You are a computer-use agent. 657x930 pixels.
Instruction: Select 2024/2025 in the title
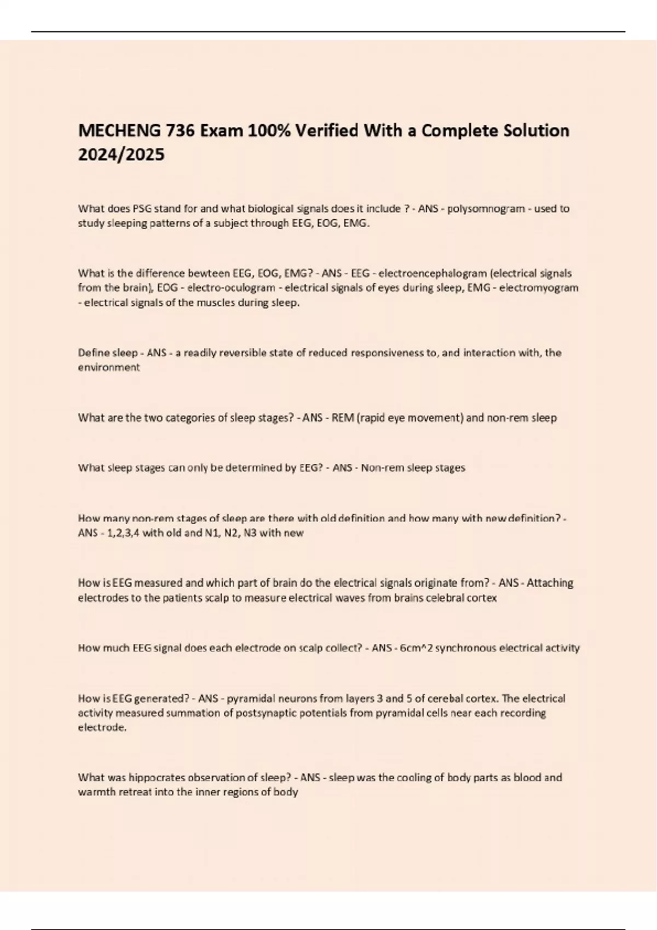[121, 155]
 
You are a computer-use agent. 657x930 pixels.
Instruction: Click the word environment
[109, 368]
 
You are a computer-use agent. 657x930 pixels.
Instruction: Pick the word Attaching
[550, 583]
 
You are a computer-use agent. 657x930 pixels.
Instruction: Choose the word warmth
[95, 792]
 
